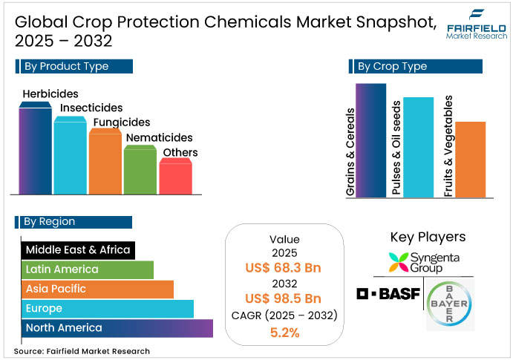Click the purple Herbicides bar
tap(35, 148)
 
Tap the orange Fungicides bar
tap(105, 161)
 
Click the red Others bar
tap(176, 177)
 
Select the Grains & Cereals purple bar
tap(370, 141)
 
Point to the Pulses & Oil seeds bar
tap(417, 148)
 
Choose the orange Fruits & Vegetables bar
tap(469, 160)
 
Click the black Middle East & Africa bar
tap(77, 249)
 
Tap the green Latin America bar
tap(87, 269)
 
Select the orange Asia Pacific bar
tap(97, 289)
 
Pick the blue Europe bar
tap(107, 308)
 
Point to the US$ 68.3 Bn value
tap(284, 266)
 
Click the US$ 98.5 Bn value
tap(284, 299)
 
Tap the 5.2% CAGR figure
tap(284, 333)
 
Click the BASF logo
tap(388, 294)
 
